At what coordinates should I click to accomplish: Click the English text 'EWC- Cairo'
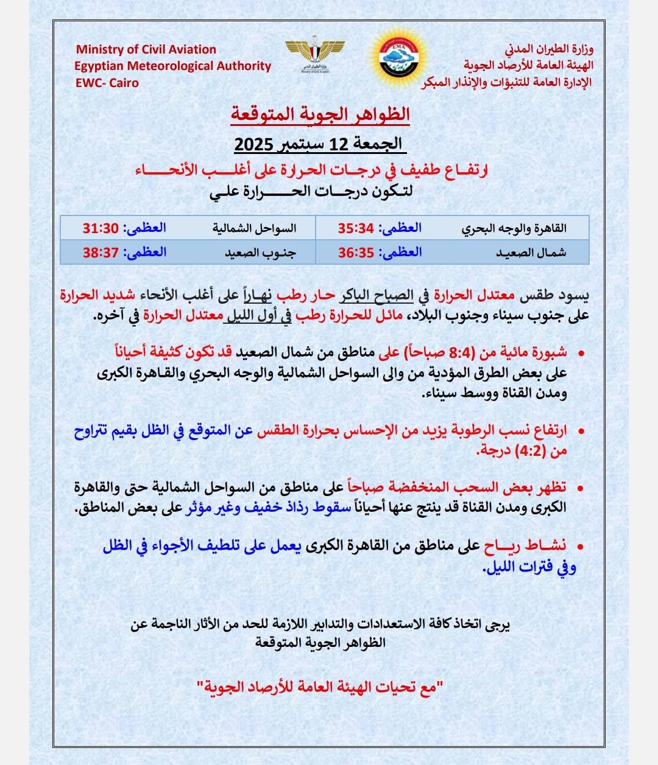click(107, 83)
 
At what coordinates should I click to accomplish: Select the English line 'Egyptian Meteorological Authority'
click(173, 66)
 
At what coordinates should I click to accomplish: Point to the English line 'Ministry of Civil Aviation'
click(146, 49)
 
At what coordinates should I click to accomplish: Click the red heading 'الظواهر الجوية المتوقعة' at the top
click(320, 114)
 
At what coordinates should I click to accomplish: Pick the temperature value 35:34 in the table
click(356, 228)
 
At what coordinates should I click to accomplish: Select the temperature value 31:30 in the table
click(100, 228)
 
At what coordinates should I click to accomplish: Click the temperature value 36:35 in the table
click(356, 253)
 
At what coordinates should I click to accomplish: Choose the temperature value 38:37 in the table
click(100, 253)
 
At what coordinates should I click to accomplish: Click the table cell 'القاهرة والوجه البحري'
click(514, 229)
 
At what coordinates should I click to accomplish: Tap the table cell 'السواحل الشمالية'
click(254, 229)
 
